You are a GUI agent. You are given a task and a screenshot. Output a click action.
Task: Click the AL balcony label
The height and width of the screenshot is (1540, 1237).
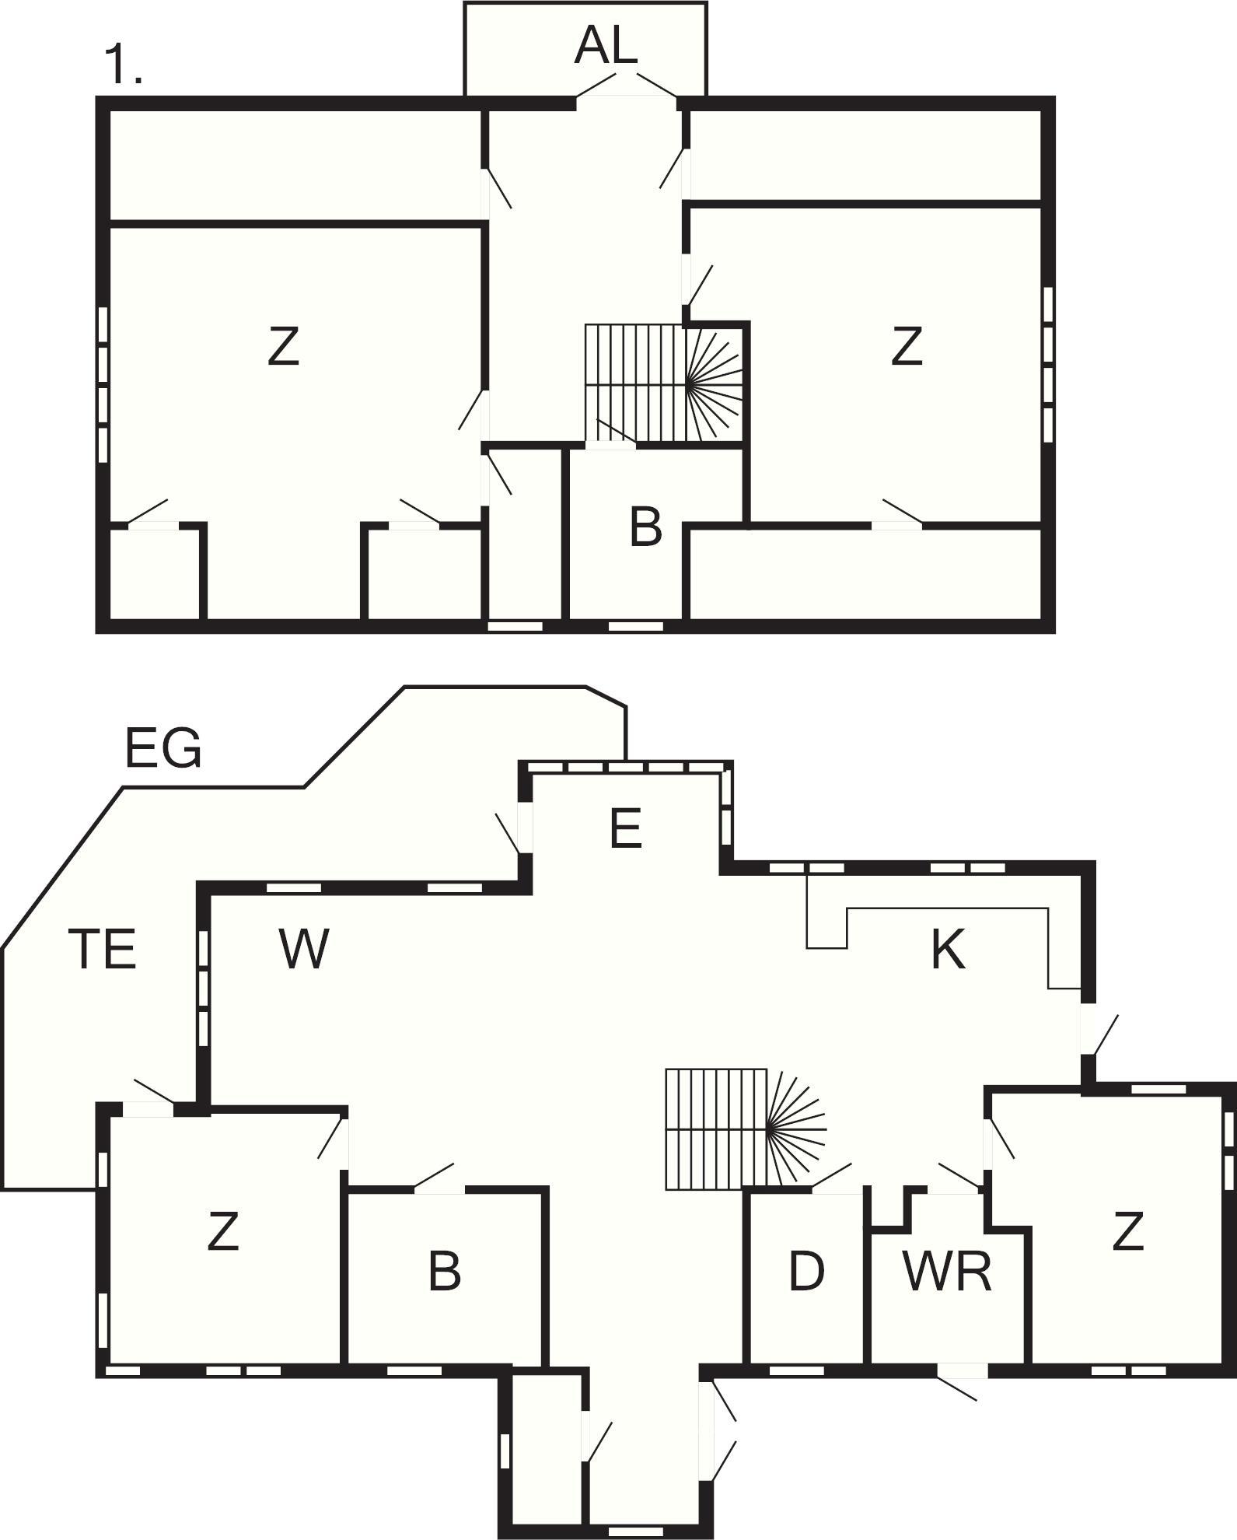(x=606, y=47)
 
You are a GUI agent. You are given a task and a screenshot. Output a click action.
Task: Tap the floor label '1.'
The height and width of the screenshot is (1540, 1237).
(x=123, y=65)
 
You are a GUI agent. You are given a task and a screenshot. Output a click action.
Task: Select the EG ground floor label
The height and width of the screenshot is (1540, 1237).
(x=163, y=748)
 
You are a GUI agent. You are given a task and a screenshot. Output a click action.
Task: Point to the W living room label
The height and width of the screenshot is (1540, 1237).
(x=304, y=949)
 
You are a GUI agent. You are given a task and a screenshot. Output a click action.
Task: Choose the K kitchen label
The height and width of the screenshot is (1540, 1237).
(x=948, y=950)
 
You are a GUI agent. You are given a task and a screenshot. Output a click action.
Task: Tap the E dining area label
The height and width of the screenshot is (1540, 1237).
(x=626, y=828)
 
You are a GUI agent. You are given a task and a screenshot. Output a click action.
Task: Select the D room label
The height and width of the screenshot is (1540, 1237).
(x=806, y=1272)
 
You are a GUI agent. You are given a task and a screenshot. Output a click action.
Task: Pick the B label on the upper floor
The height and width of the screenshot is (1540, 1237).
(x=645, y=527)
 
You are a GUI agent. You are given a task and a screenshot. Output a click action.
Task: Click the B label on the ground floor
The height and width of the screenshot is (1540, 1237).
(x=445, y=1272)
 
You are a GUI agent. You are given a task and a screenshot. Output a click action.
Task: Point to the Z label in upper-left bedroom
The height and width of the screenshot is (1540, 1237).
(x=283, y=347)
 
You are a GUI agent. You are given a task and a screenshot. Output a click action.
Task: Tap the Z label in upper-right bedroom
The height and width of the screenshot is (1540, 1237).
(x=907, y=347)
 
